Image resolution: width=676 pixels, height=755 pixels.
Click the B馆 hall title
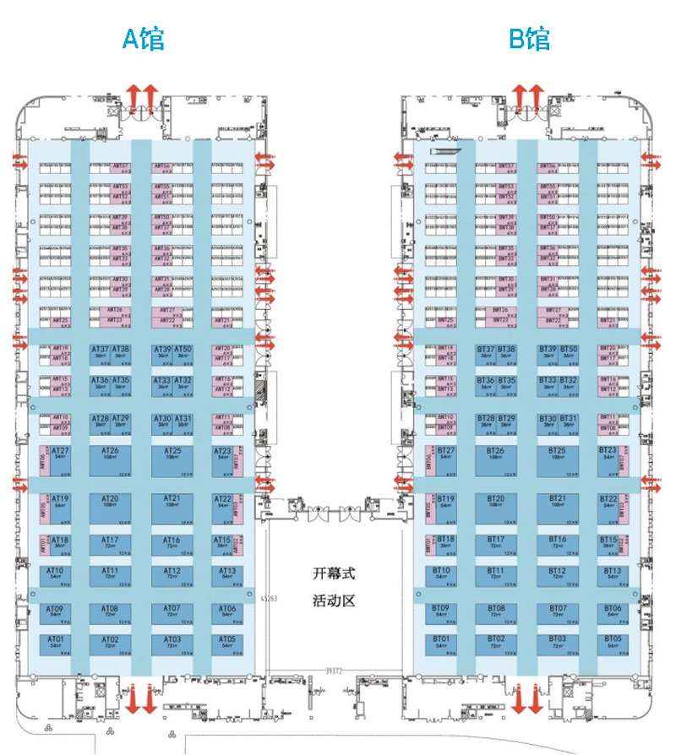coord(529,38)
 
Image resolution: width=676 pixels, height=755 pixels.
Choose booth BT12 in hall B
coord(558,574)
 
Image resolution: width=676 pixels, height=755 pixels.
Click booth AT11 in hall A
coord(110,574)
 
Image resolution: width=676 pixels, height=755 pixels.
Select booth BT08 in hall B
coord(496,611)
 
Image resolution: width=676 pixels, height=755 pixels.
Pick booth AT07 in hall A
coord(172,611)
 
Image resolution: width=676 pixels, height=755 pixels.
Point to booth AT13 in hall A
coord(226,574)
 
